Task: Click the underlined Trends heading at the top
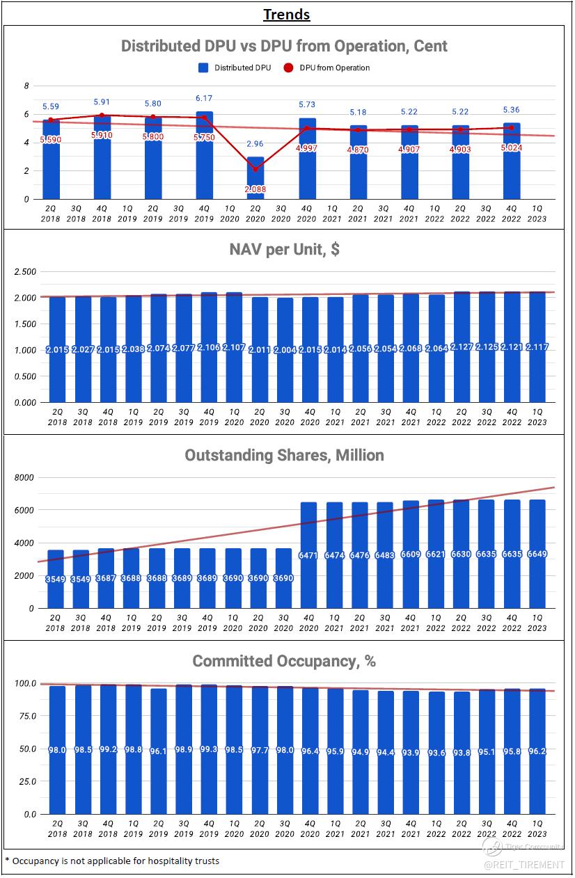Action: click(x=287, y=15)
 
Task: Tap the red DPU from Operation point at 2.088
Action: click(x=255, y=169)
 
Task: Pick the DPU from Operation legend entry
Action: click(x=327, y=67)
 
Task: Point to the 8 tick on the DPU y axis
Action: click(x=26, y=86)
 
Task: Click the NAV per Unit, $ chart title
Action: click(x=284, y=249)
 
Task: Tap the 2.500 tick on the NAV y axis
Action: click(x=25, y=271)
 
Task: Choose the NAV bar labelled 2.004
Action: click(x=284, y=350)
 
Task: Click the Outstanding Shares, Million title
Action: click(x=284, y=455)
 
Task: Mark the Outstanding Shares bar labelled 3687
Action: click(x=107, y=577)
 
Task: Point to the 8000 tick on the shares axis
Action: click(x=24, y=478)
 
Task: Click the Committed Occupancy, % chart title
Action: click(x=284, y=661)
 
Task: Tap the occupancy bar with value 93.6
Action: click(x=436, y=752)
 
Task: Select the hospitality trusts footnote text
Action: click(x=111, y=861)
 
